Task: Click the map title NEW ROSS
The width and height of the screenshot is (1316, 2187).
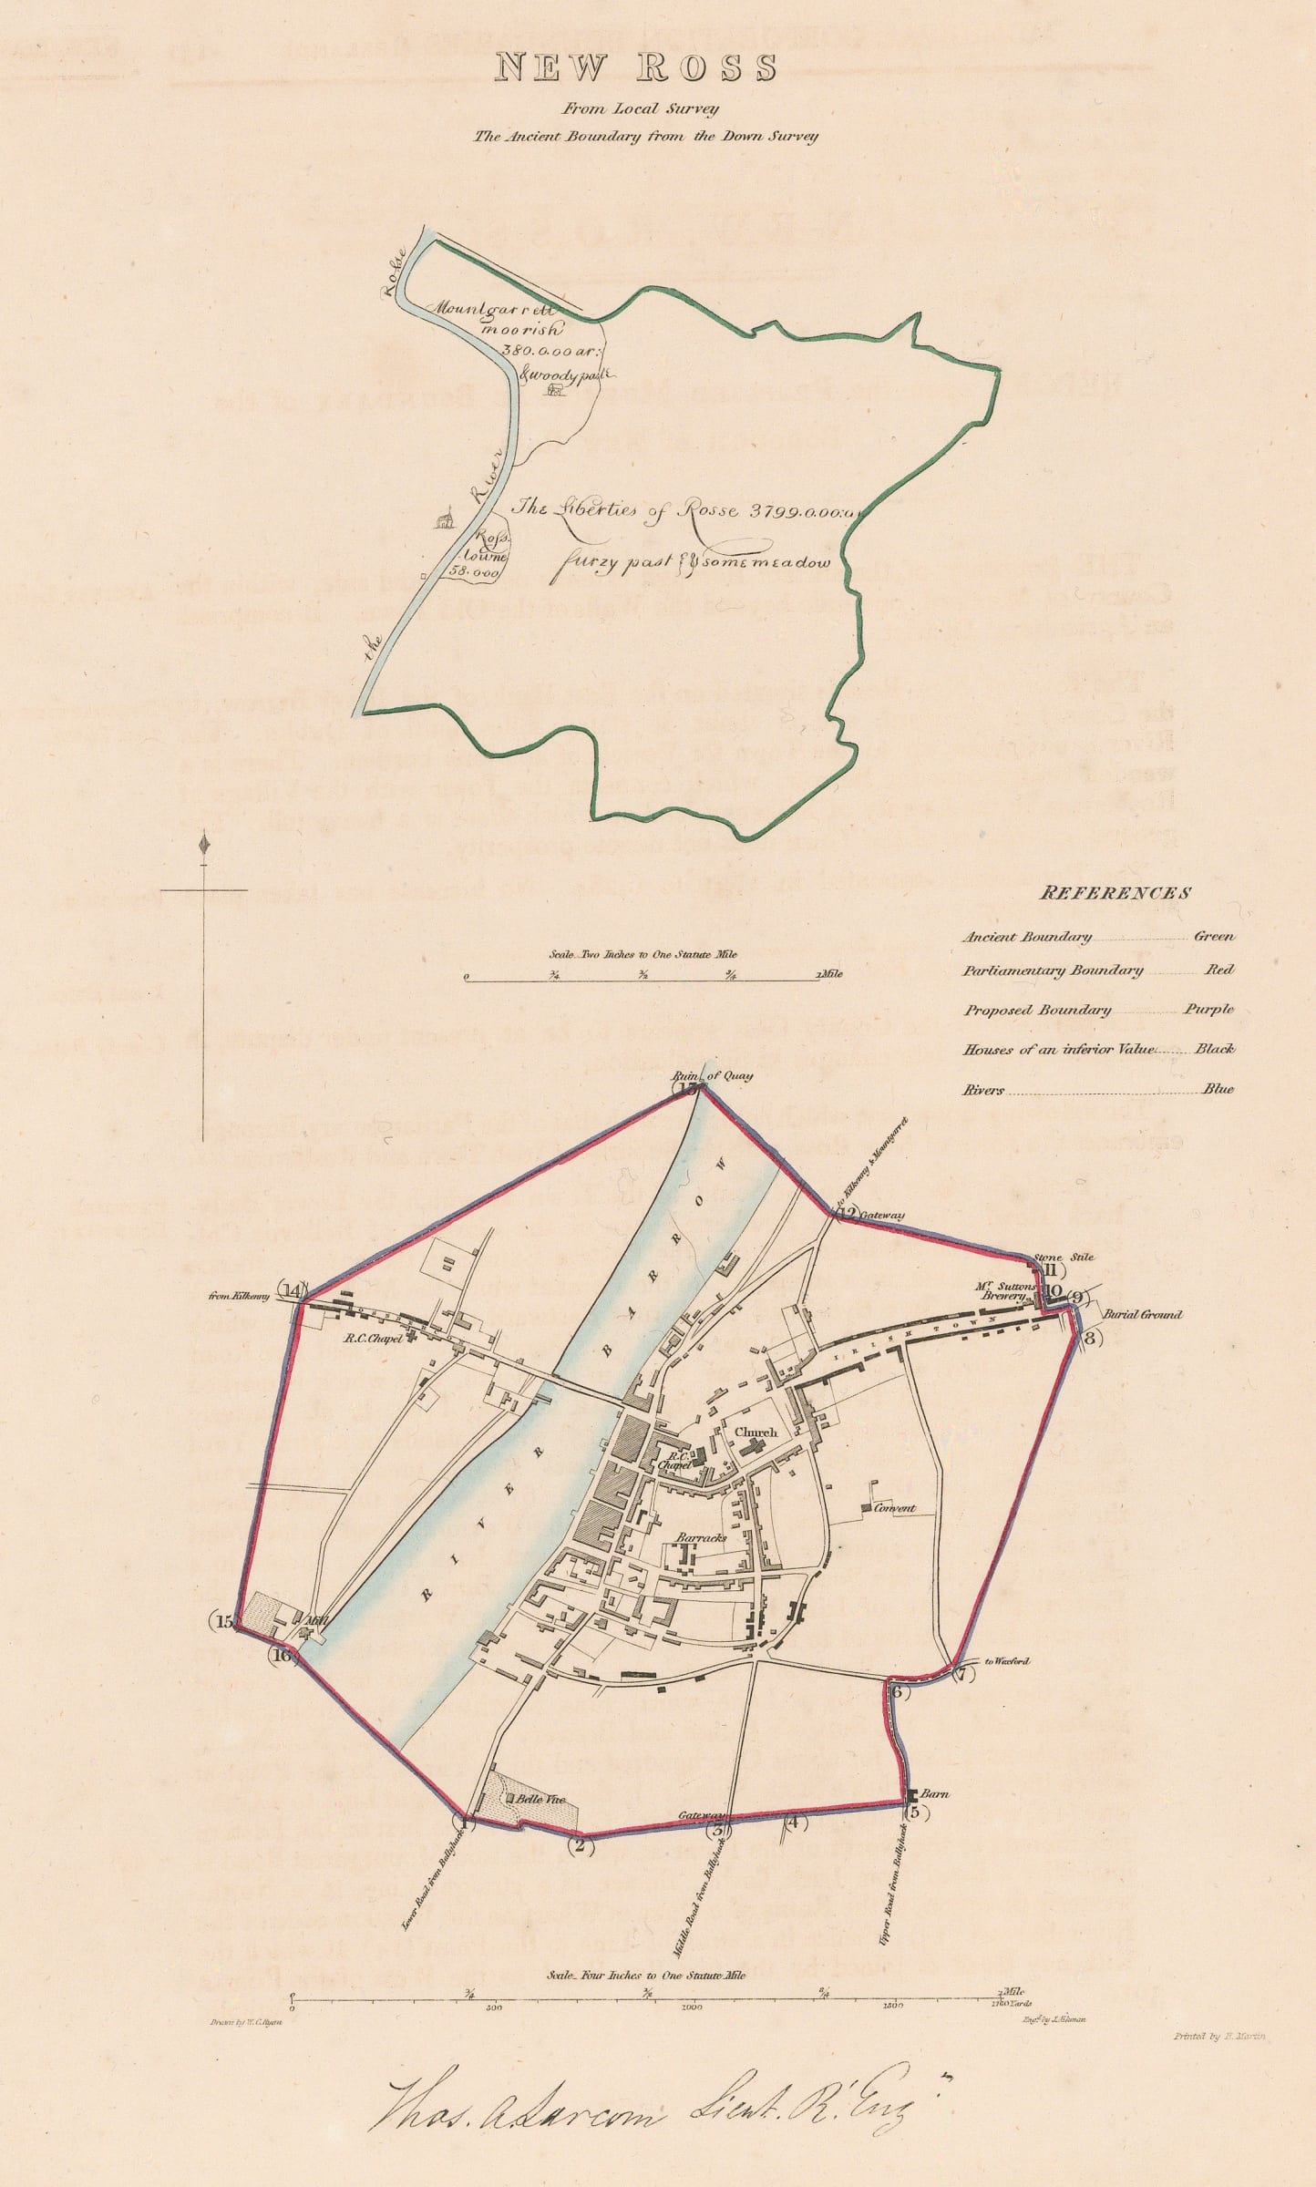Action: click(635, 68)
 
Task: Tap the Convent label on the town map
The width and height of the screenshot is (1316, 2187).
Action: click(894, 1508)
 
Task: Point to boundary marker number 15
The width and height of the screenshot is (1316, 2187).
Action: click(224, 1621)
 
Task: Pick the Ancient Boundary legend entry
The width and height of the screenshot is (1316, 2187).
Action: click(1025, 936)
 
